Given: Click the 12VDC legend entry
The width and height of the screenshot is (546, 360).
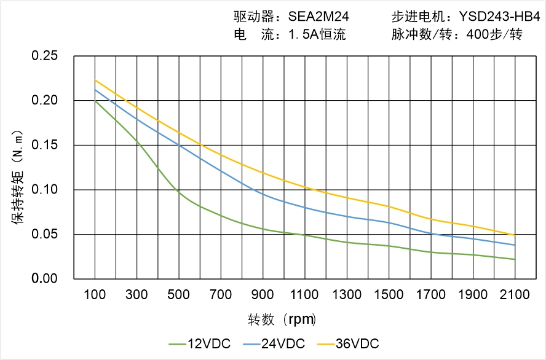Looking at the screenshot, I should point(199,343).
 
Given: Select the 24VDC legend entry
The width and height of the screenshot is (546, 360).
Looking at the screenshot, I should point(274,343).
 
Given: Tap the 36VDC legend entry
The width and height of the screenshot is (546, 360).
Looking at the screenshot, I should point(347,343).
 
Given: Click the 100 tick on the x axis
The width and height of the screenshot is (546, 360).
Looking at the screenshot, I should point(95,295).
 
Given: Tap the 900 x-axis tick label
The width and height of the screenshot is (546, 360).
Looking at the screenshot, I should point(263,295).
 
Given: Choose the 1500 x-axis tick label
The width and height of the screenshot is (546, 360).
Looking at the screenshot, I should point(389,295).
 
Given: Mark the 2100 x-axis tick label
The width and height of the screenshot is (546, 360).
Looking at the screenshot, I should point(515,295).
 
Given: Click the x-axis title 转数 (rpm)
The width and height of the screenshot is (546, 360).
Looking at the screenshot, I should point(282,319).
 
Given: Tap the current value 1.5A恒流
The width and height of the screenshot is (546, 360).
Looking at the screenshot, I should point(317,35).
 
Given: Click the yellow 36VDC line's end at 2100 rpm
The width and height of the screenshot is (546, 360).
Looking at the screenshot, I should point(515,235).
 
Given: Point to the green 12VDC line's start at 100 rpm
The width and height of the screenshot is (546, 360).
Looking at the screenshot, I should point(95,101).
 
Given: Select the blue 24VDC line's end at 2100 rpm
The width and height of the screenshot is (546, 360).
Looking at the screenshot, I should point(515,245).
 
